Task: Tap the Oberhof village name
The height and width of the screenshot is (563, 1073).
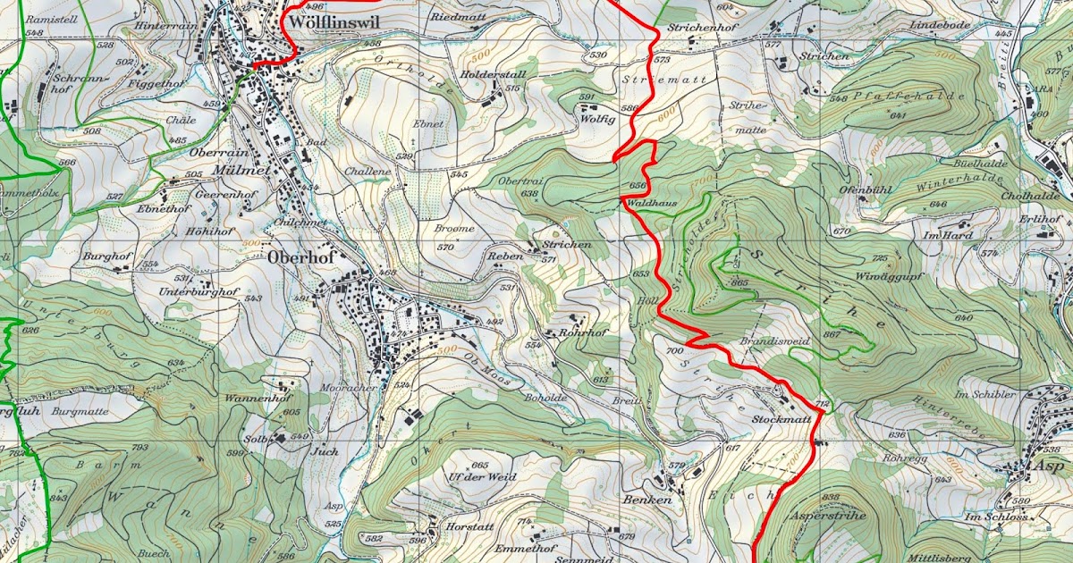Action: point(300,257)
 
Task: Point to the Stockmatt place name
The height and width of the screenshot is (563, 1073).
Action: point(774,418)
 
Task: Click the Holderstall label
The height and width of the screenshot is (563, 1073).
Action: point(493,74)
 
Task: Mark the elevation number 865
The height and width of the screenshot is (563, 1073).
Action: point(739,282)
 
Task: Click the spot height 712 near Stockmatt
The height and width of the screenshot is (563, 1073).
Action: point(823,406)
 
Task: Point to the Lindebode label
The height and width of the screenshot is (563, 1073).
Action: point(940,26)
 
